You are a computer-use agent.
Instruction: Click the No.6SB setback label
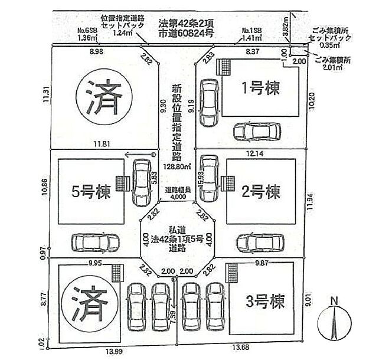(87, 31)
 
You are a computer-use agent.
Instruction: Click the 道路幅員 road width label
(177, 191)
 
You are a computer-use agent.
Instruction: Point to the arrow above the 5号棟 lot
(139, 155)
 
